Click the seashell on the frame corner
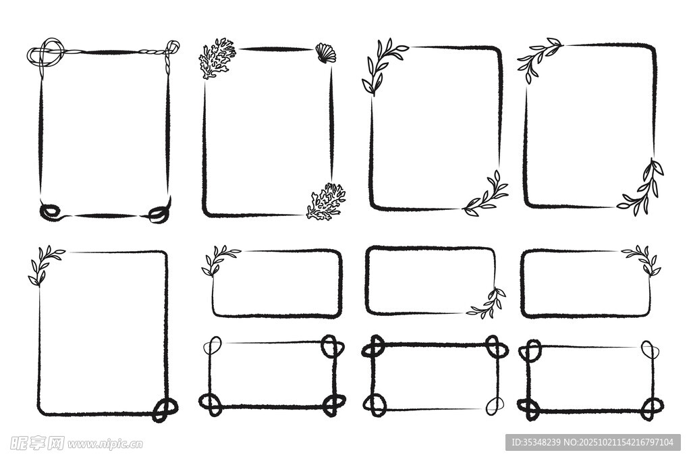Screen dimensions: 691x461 [x=326, y=53]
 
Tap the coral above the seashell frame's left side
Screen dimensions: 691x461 [x=217, y=59]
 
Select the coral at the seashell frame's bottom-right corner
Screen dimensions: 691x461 [x=326, y=202]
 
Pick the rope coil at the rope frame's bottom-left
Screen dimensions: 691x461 [x=51, y=211]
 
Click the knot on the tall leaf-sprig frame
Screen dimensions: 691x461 [x=165, y=410]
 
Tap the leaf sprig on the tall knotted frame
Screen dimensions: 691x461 [x=45, y=265]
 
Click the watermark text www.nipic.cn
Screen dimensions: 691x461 [x=105, y=443]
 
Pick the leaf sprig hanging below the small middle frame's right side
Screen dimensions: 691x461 [x=487, y=303]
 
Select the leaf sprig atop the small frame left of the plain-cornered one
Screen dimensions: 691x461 [x=220, y=261]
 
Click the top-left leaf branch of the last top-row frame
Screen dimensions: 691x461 [x=538, y=59]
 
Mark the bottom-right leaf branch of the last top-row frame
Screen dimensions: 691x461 [x=641, y=187]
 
